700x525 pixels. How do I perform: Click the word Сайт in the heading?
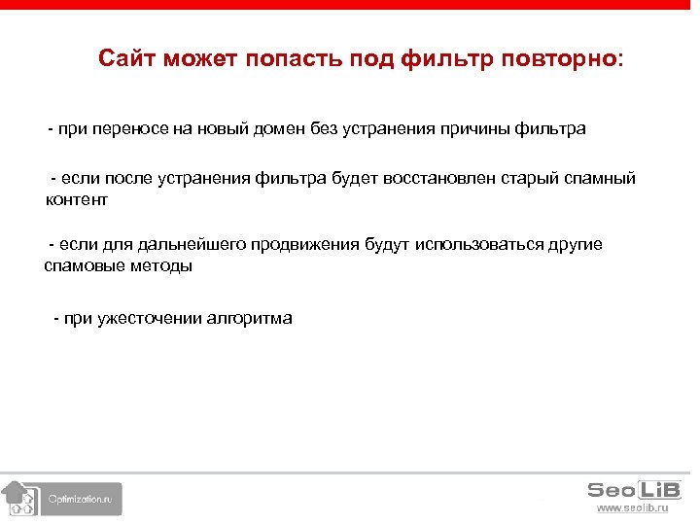126,59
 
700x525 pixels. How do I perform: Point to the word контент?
76,200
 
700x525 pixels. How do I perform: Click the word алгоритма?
249,318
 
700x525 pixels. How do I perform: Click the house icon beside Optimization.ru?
17,497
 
